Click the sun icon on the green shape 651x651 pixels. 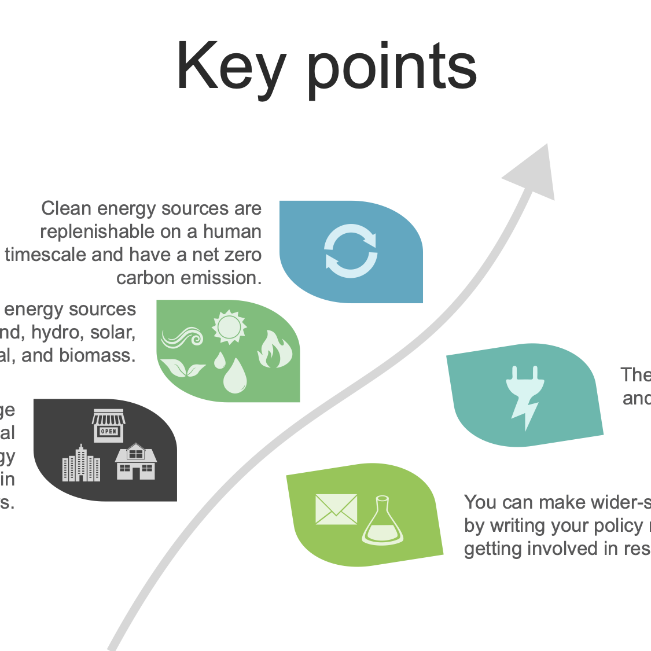[229, 327]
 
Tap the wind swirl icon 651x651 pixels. [182, 337]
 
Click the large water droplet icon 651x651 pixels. [235, 376]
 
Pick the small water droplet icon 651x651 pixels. [219, 361]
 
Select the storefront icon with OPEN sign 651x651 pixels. [109, 425]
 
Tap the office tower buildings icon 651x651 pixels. [81, 464]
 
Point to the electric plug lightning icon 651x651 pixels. [525, 396]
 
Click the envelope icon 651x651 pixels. [336, 509]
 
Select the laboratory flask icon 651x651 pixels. [382, 520]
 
